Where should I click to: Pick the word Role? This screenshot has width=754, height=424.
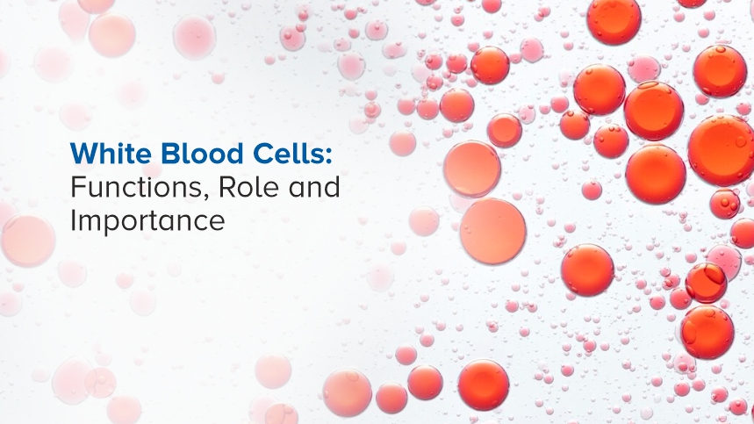pyautogui.click(x=239, y=188)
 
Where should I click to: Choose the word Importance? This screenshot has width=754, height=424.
pyautogui.click(x=147, y=221)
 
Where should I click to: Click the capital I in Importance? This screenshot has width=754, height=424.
pyautogui.click(x=73, y=220)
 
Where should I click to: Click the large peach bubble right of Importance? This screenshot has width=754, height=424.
pyautogui.click(x=492, y=230)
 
